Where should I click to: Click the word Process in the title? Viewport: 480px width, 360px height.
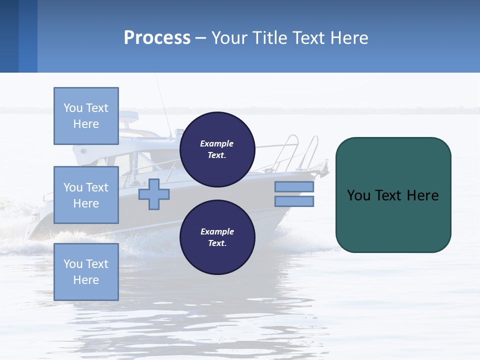point(157,38)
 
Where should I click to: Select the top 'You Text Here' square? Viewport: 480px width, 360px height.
point(86,116)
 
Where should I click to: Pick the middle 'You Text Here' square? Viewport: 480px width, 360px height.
point(86,195)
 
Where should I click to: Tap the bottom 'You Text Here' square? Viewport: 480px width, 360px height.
point(86,272)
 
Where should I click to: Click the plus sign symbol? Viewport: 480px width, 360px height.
point(153,194)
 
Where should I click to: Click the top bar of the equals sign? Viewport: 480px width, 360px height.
point(294,186)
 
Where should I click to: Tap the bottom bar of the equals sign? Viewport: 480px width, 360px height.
point(294,201)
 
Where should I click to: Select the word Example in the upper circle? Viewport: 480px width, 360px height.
point(216,143)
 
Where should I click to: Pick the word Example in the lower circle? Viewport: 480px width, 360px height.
point(217,231)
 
